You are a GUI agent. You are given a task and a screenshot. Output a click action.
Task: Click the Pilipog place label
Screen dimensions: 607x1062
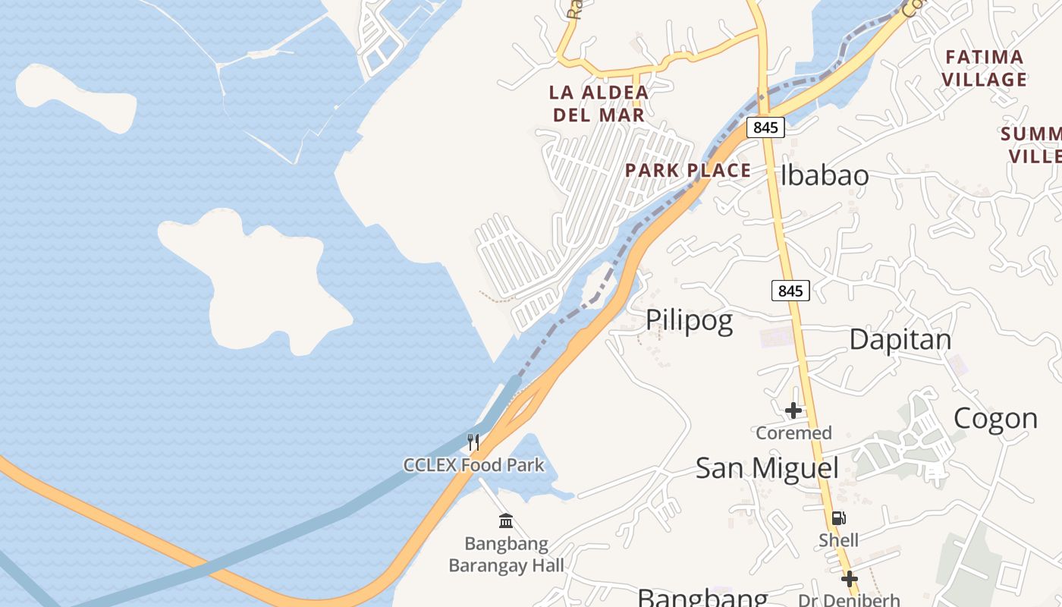tap(689, 321)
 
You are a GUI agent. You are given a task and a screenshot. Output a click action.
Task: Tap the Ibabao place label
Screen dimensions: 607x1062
tap(825, 175)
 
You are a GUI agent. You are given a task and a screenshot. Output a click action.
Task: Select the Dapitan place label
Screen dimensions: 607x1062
tap(900, 339)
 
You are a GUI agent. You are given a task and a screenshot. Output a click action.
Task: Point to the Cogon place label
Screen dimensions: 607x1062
tap(995, 418)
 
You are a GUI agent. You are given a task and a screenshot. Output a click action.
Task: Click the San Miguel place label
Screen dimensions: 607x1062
tap(767, 467)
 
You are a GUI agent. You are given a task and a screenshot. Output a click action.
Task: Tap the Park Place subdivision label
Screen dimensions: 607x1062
tap(688, 170)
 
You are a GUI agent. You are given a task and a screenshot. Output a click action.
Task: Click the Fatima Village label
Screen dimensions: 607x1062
tap(985, 68)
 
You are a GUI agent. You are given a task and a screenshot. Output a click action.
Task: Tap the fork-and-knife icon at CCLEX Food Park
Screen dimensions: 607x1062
tap(473, 442)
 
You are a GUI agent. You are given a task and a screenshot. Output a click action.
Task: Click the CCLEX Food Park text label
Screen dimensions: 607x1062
tap(473, 464)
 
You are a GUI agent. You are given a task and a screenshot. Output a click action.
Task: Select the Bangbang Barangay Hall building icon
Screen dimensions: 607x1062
tap(506, 521)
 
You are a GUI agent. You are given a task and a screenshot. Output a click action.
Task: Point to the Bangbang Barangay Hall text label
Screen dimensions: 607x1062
tap(506, 555)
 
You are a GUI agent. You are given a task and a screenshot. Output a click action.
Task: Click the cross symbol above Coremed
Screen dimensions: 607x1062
tap(793, 410)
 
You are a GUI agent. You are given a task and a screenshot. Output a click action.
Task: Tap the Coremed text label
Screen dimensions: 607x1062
tap(793, 433)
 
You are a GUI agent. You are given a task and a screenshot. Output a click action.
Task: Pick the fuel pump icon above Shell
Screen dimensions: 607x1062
tap(838, 518)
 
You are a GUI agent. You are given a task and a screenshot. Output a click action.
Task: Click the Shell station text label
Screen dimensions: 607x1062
tap(838, 540)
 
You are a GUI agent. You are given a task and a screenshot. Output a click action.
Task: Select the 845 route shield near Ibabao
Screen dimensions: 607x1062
tap(765, 127)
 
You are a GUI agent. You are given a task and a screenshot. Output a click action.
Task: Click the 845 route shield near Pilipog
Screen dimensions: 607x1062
tap(790, 290)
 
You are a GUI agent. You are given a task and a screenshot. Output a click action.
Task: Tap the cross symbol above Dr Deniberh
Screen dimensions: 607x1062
tap(850, 579)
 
